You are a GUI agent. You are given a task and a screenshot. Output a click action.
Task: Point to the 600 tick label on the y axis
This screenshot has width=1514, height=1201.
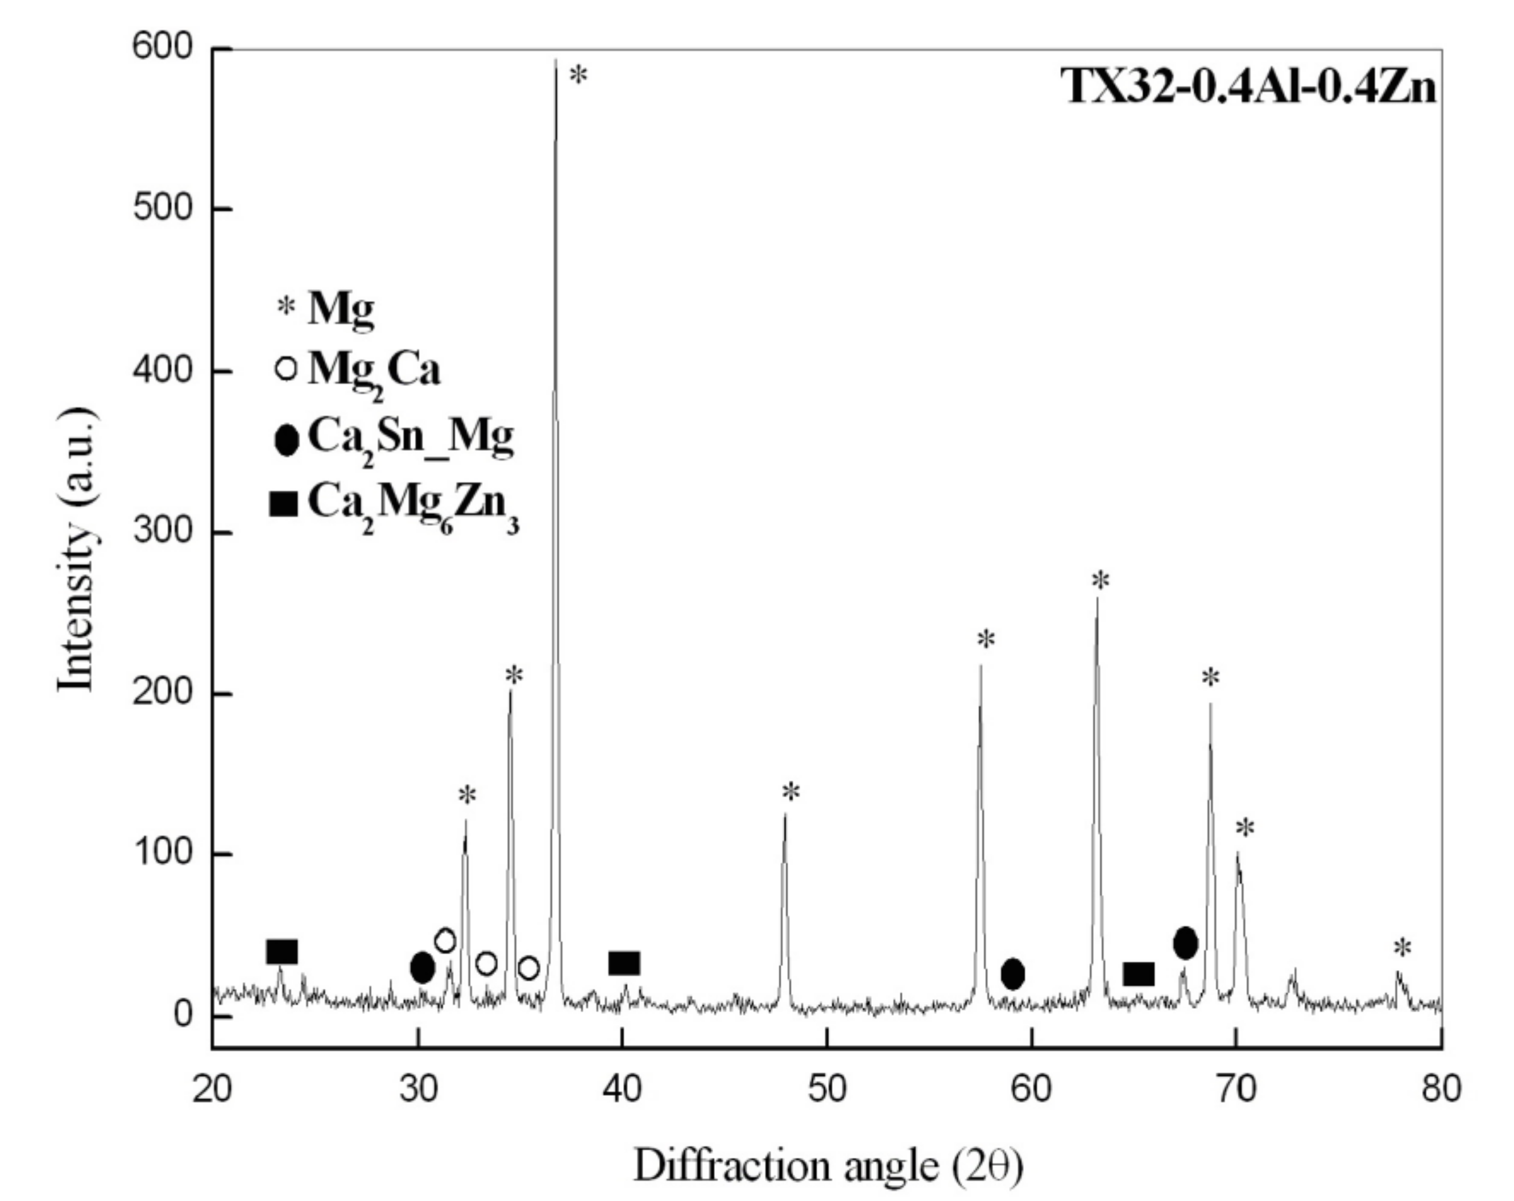162,47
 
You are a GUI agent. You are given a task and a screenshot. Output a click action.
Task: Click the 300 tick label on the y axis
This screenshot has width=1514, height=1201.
162,531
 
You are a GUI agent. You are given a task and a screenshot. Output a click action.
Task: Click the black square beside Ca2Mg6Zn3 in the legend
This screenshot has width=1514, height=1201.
283,503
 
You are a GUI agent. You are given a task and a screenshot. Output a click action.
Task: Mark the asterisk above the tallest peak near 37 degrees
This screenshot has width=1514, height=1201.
578,75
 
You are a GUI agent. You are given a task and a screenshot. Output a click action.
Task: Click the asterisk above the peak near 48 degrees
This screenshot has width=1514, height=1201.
791,792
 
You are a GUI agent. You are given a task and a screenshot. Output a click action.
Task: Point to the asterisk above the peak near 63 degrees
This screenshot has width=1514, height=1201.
1101,581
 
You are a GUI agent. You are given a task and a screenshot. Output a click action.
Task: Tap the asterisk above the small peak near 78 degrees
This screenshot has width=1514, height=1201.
1401,949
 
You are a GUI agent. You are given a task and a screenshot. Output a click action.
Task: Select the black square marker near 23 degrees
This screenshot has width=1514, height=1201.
282,952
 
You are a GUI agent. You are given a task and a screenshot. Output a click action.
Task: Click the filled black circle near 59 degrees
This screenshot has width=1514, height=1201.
1012,974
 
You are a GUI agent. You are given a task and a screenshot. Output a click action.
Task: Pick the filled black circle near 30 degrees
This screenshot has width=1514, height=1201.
422,968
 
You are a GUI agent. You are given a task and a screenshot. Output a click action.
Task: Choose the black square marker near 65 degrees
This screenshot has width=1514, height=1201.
1138,974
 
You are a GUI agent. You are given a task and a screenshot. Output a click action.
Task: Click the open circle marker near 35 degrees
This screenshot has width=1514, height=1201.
529,968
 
